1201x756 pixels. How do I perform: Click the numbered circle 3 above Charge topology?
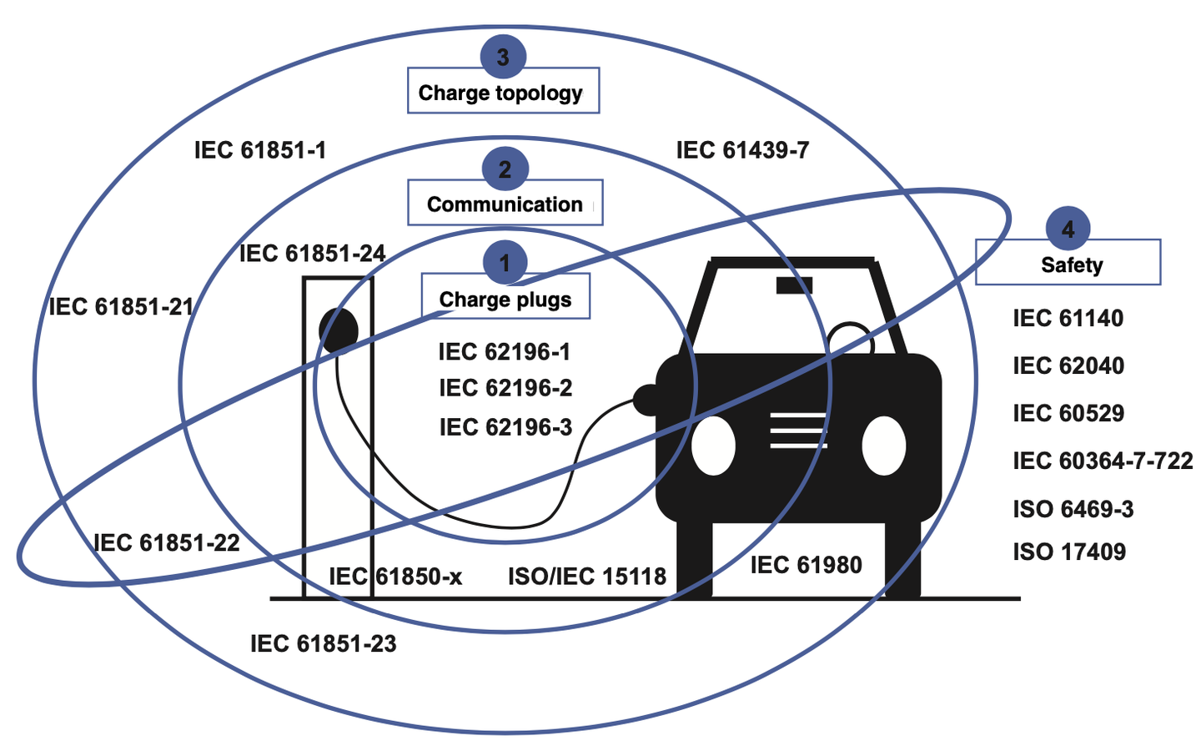pos(503,57)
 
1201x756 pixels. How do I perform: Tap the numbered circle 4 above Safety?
pos(1068,229)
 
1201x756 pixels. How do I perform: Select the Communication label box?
pos(505,204)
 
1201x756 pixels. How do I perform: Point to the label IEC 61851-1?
pos(260,150)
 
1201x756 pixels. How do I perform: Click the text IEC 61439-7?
pos(742,150)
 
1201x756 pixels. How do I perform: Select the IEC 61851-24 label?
pos(312,253)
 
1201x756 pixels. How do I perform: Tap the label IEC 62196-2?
pos(505,388)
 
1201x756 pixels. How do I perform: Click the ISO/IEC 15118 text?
pos(587,576)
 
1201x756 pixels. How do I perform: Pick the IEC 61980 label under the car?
pos(806,565)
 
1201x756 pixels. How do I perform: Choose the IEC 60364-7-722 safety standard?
pos(1103,461)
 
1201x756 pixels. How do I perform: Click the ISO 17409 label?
pos(1069,552)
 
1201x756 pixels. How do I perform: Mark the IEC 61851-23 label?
pos(324,643)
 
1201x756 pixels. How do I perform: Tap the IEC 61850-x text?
pos(395,576)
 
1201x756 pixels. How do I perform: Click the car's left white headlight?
pos(713,445)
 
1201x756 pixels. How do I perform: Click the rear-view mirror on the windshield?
pos(794,285)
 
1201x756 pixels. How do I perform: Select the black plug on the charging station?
pos(339,329)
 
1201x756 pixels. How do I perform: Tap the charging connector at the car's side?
pos(646,400)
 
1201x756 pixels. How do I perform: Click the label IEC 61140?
pos(1068,318)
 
